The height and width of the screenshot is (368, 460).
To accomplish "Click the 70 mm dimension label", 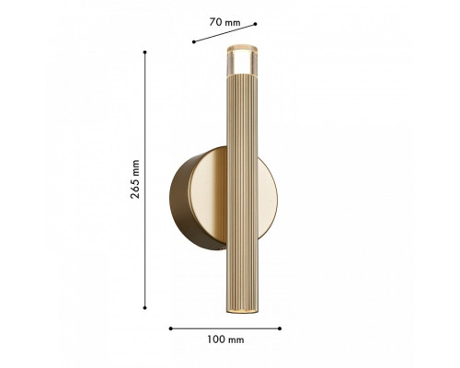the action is point(224,22).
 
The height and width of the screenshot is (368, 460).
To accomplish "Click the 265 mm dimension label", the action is point(135,179).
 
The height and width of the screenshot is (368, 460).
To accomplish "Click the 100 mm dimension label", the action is point(225,339).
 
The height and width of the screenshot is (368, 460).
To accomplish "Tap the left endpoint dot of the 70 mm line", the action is point(194,41).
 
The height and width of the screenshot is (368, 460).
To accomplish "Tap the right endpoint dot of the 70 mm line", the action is point(256,24).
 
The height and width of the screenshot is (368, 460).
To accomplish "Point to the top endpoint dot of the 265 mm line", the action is point(144,52).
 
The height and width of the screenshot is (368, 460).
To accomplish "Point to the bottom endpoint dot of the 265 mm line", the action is point(144,307).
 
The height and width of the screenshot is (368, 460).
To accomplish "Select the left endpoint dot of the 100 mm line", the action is point(170,328).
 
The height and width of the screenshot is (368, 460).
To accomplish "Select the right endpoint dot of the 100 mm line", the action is point(280,328).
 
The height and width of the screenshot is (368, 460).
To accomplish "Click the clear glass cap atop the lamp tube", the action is point(242,60).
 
